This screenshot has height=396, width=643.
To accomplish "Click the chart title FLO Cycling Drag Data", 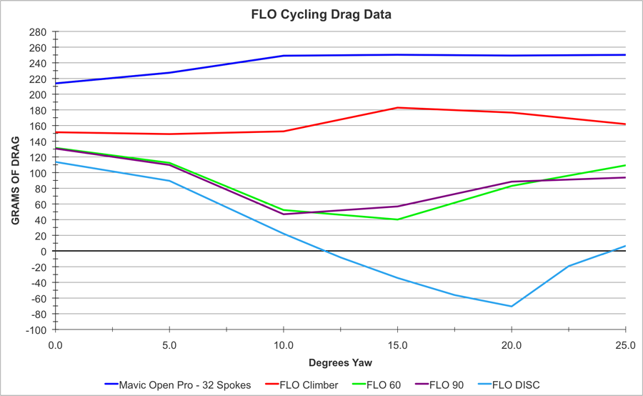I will click(x=321, y=14).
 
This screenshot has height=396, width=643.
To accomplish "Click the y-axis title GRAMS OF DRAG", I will click(x=15, y=180).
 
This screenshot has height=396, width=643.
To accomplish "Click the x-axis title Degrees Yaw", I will click(x=340, y=363).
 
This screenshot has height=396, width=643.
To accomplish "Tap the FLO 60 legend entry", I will click(x=382, y=385).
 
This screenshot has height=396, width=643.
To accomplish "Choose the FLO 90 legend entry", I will click(x=447, y=385).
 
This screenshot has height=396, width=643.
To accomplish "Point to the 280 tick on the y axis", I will click(x=38, y=32).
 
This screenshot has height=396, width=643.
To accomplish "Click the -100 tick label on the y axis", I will click(x=36, y=330).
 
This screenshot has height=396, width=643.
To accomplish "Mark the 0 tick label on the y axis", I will click(x=44, y=252).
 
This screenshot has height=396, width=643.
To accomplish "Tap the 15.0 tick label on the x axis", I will click(x=397, y=344).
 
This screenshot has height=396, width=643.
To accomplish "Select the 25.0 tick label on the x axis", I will click(x=624, y=344).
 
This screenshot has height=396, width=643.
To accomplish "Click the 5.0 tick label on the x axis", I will click(x=169, y=344).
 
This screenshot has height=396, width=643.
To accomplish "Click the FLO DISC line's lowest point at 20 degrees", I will click(x=512, y=306).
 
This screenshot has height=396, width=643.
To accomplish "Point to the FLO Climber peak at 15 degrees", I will click(x=397, y=108).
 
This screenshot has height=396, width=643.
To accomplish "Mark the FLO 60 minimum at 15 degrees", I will click(x=397, y=219).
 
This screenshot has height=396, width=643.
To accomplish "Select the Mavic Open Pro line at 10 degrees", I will click(x=284, y=56).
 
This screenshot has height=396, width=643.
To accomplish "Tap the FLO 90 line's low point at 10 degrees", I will click(x=284, y=214).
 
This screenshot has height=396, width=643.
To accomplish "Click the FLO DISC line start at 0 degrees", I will click(x=56, y=162).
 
